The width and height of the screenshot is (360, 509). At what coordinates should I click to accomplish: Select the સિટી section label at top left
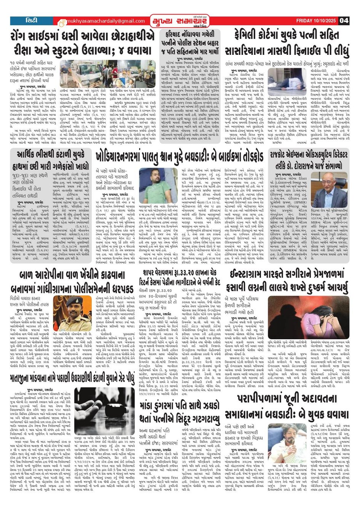pos(32,20)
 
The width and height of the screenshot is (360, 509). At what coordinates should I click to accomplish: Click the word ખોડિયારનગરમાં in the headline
pos(126,155)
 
